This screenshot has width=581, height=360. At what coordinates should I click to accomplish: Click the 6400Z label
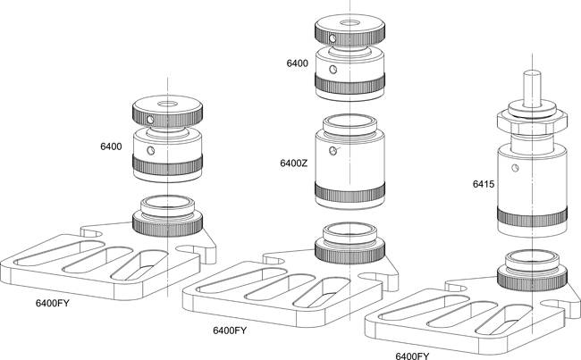point(294,163)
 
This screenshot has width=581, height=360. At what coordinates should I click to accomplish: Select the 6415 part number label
point(484,184)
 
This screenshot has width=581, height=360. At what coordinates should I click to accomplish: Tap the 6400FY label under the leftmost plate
point(52,304)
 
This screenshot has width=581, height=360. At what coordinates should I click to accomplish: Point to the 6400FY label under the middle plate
point(230,331)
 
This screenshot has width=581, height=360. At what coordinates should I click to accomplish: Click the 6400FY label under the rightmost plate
point(412,356)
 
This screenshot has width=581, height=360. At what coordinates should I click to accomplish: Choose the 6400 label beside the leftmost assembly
point(111,147)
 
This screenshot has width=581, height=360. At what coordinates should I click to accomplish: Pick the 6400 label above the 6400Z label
point(297,63)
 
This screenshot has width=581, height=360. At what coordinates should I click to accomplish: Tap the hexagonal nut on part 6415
point(532,123)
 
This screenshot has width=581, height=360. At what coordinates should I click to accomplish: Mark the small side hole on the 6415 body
point(515,168)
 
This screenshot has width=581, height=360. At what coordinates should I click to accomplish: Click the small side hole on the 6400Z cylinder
point(333,151)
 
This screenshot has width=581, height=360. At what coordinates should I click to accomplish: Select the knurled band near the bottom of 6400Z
point(349,191)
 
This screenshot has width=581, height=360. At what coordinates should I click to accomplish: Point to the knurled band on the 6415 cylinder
point(532,217)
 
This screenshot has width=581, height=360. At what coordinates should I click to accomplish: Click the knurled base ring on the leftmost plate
point(167,225)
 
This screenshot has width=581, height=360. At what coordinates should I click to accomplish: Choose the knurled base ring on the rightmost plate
point(532,280)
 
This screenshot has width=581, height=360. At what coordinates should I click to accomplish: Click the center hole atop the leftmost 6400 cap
point(167,105)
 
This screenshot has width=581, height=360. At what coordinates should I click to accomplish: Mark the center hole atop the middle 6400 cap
point(349,23)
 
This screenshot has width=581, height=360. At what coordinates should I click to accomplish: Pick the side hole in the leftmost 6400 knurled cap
point(150,120)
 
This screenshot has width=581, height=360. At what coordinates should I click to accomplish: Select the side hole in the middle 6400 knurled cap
point(333,38)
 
